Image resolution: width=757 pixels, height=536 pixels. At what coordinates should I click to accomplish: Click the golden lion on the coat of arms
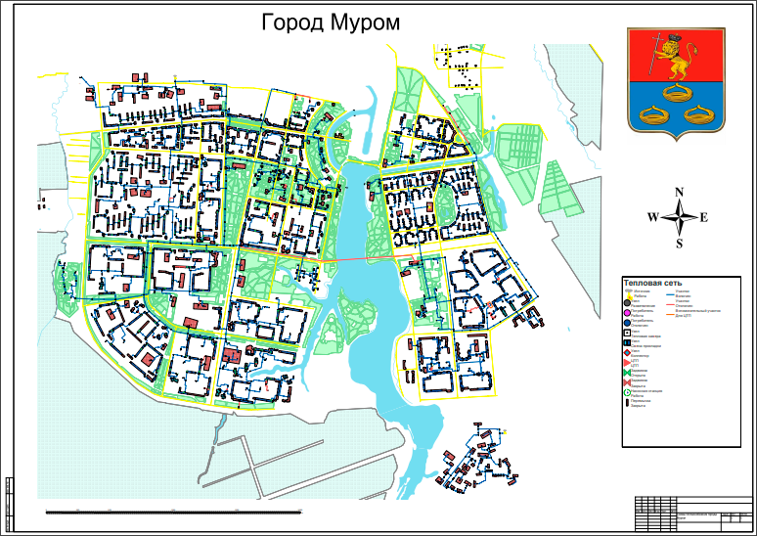(x=673, y=61)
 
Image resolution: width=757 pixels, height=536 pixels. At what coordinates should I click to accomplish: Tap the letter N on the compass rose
(x=680, y=193)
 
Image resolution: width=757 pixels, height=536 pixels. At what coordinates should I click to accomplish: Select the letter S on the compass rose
(x=679, y=243)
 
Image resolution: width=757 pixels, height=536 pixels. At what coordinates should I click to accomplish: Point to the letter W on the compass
(x=652, y=217)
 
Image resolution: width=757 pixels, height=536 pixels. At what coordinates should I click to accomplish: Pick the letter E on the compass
(x=703, y=217)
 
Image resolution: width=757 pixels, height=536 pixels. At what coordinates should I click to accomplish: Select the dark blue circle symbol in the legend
(x=627, y=323)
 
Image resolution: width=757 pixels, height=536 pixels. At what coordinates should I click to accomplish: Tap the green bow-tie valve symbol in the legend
(x=627, y=373)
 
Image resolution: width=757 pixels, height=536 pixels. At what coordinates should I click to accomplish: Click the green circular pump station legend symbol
(x=627, y=391)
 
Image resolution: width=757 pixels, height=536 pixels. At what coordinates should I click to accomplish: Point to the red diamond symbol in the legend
(x=627, y=352)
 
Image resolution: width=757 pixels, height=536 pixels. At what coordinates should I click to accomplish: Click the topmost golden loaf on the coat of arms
(x=673, y=94)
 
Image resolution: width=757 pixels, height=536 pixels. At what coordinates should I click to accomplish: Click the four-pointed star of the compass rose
(x=679, y=217)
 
